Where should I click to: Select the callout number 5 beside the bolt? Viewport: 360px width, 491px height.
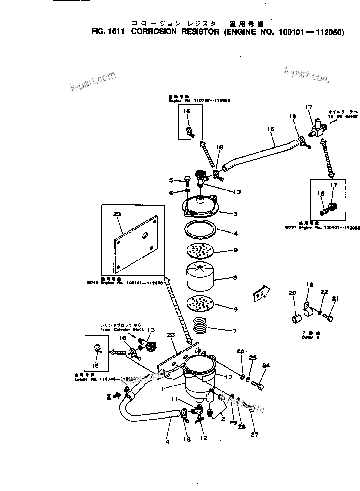coord(170,180)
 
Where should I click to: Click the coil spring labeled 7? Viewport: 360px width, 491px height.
coord(199,326)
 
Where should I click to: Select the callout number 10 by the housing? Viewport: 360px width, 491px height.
coord(229,377)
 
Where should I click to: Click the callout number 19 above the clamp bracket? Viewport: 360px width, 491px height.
coord(310,285)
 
